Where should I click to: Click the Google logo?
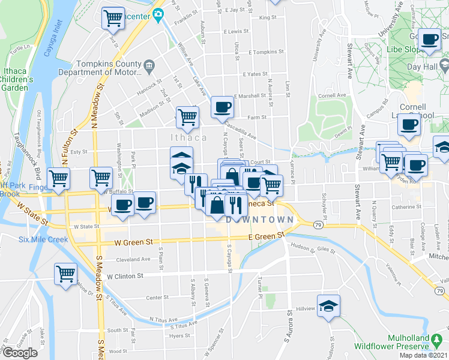point(20,353)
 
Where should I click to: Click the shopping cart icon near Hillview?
point(65,274)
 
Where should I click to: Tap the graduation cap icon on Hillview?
point(328,305)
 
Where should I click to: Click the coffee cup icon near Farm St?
point(222,107)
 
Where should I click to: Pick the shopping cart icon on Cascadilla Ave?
point(187,118)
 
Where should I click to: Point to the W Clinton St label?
point(126,277)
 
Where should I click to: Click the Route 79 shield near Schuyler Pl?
point(318,224)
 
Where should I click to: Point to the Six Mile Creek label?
point(44,239)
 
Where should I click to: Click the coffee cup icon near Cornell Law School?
point(409,125)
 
